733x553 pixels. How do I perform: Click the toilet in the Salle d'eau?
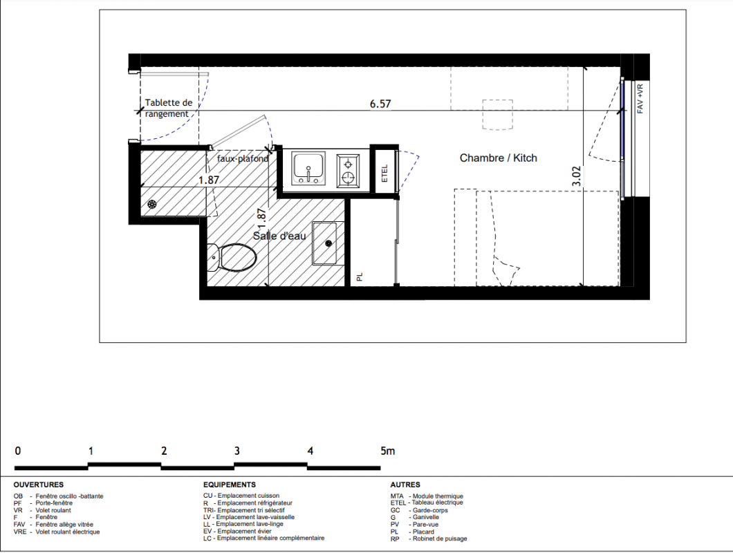click(233, 258)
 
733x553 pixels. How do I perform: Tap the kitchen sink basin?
click(308, 168)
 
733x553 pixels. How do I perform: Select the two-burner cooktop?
click(348, 170)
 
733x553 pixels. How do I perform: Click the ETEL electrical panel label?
click(384, 174)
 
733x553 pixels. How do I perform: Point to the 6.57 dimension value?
click(380, 104)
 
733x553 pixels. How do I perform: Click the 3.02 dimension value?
click(577, 176)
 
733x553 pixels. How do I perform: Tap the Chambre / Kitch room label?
click(499, 158)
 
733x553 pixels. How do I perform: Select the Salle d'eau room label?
click(279, 236)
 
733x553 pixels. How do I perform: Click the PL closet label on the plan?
click(360, 276)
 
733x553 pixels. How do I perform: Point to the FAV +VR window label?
click(640, 99)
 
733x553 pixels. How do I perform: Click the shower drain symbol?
click(152, 204)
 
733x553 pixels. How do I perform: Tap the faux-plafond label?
click(243, 158)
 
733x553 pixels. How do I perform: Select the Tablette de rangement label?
click(168, 108)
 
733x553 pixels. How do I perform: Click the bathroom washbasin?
click(324, 243)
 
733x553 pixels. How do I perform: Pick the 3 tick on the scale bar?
click(237, 451)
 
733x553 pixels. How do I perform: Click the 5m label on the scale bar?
click(387, 451)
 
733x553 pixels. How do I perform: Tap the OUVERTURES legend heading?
click(38, 485)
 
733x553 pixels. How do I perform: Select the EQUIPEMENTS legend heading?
click(230, 485)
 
